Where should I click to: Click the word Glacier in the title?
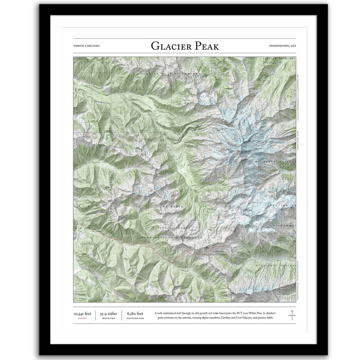click(170, 46)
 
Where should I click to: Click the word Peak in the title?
click(207, 46)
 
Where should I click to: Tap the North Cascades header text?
click(86, 46)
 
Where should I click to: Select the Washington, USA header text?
click(282, 46)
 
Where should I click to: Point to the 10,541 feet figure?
click(83, 313)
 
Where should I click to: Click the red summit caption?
click(83, 319)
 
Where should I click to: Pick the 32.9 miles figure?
click(108, 313)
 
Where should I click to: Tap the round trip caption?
click(108, 319)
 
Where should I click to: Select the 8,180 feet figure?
click(135, 313)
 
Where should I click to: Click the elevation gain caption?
click(135, 319)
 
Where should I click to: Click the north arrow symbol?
click(292, 313)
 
